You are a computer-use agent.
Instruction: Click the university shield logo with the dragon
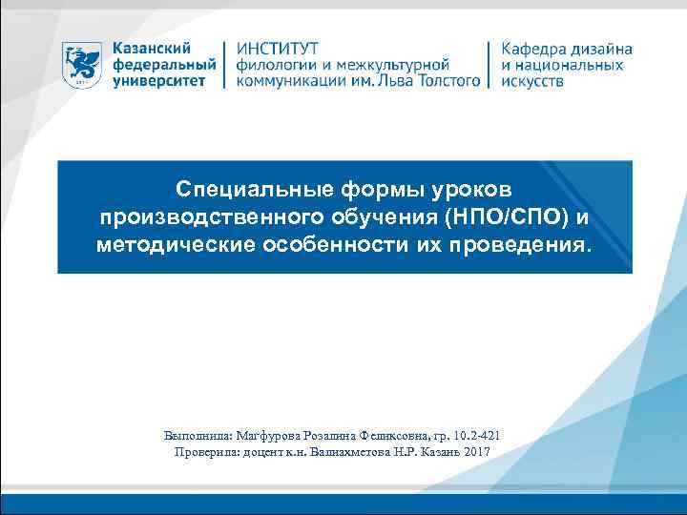pos(83,66)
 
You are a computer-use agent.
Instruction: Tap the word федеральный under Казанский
pos(163,65)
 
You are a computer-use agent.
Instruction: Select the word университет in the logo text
pos(160,82)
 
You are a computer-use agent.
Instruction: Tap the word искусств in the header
pos(532,82)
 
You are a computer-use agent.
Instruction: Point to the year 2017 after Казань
pos(473,451)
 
